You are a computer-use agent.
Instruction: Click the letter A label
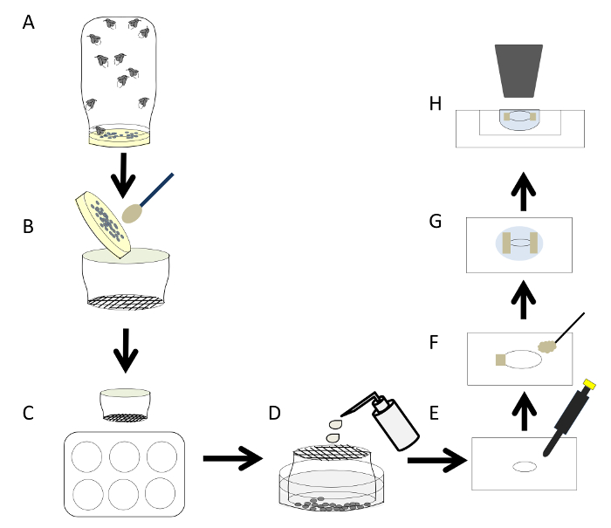29,22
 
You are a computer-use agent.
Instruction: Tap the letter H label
436,104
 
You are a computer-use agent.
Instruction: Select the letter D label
274,413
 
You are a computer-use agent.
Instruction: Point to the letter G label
436,222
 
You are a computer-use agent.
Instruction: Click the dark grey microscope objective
518,71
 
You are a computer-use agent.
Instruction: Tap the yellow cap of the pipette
589,384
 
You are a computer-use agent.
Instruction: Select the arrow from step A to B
123,175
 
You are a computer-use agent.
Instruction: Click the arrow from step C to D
233,458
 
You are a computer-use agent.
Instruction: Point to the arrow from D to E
437,460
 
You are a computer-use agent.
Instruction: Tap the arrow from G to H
524,191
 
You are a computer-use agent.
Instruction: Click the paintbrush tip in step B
132,214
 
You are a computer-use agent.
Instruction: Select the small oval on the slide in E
524,466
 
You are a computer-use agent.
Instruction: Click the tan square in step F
501,360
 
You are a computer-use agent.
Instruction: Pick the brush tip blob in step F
547,346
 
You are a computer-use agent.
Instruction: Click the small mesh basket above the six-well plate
125,405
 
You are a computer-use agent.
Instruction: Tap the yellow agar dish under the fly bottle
120,137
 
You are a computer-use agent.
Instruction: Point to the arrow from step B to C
126,351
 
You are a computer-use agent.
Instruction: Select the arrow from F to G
524,299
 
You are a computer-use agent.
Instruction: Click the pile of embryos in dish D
331,504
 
